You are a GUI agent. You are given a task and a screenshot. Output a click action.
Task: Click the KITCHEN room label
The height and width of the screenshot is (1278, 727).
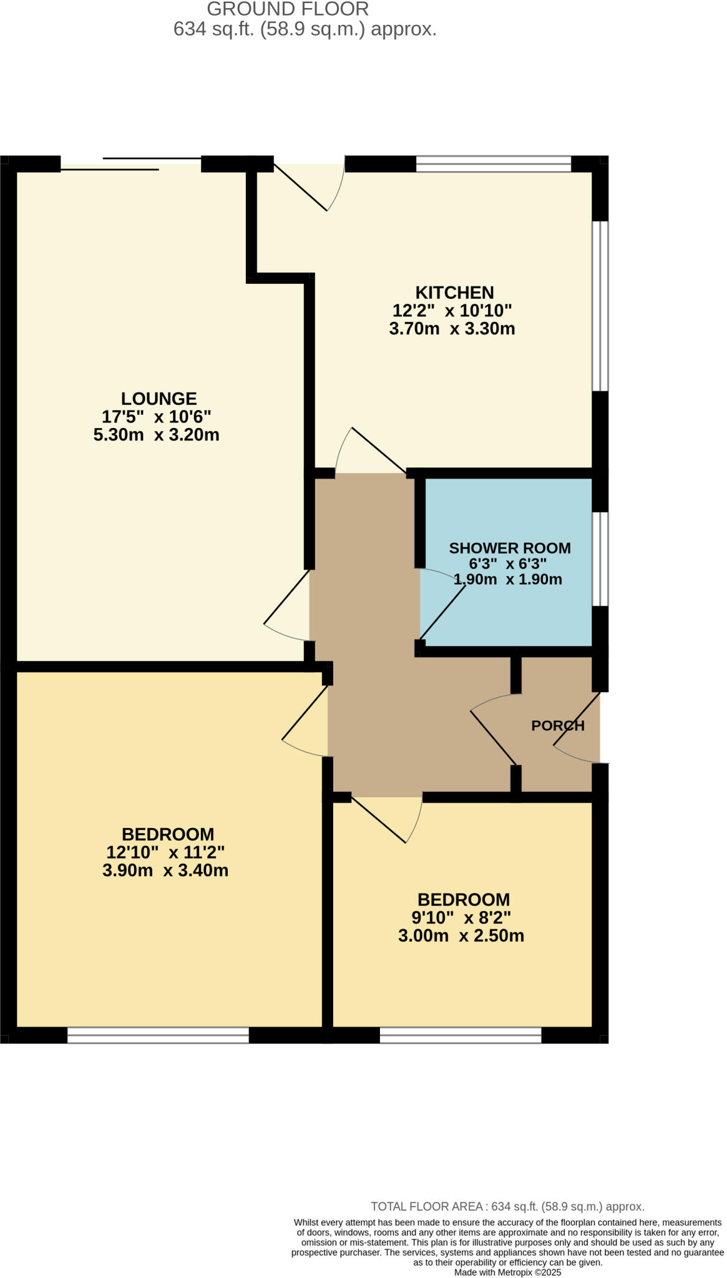pyautogui.click(x=454, y=292)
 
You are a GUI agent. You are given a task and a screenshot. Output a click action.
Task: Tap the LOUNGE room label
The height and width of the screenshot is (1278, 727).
pyautogui.click(x=159, y=398)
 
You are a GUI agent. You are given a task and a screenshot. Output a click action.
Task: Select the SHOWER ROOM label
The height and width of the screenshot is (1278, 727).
pyautogui.click(x=510, y=548)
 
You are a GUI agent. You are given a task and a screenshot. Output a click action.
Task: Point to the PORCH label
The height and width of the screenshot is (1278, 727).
pyautogui.click(x=557, y=725)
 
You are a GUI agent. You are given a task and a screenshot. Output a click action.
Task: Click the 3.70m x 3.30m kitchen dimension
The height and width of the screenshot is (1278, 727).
pyautogui.click(x=452, y=328)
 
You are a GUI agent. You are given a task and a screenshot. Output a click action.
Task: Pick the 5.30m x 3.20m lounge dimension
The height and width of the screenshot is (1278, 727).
pyautogui.click(x=156, y=434)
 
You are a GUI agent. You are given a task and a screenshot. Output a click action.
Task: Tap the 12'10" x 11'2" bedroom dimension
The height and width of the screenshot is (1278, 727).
pyautogui.click(x=165, y=852)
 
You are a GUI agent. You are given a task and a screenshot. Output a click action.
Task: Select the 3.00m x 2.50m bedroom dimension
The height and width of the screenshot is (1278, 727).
pyautogui.click(x=461, y=935)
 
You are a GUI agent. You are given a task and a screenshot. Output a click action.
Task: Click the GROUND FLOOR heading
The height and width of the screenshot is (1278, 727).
pyautogui.click(x=288, y=9)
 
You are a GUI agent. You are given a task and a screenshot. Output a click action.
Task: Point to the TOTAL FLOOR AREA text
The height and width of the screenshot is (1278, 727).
pyautogui.click(x=507, y=1206)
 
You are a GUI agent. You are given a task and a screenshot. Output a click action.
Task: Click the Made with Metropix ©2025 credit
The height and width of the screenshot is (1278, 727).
pyautogui.click(x=507, y=1272)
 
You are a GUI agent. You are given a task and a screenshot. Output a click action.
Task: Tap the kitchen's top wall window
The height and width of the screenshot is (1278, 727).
pyautogui.click(x=493, y=164)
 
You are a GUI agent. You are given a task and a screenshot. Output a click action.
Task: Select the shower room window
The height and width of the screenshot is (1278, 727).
pyautogui.click(x=600, y=559)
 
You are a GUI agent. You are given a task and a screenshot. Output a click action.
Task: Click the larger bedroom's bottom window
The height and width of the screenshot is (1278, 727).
pyautogui.click(x=158, y=1035)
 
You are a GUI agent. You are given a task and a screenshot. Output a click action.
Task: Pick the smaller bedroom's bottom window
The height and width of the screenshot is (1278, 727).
pyautogui.click(x=460, y=1035)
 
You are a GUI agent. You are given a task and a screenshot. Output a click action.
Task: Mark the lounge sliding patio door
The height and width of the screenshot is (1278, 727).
pyautogui.click(x=131, y=163)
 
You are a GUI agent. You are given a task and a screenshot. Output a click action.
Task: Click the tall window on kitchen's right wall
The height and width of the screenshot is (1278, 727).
pyautogui.click(x=600, y=306)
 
